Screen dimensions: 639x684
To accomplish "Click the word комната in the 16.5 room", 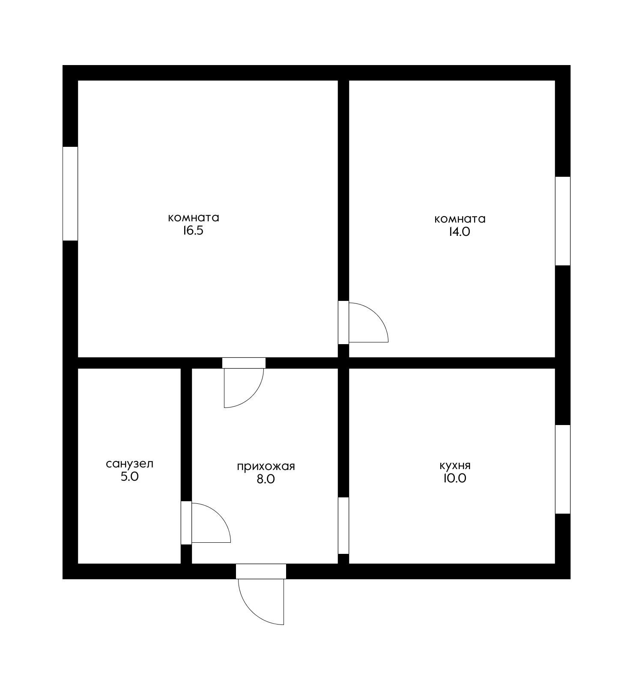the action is coord(194,218).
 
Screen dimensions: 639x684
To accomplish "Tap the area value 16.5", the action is coord(193,231).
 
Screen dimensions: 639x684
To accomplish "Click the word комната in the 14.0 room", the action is coord(460,219).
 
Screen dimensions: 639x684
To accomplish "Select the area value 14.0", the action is coord(460,232).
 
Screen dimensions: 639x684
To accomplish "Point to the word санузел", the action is coord(129,464).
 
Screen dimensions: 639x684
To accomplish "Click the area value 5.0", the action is coord(130,477).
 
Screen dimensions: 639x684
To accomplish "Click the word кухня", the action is coord(455,466).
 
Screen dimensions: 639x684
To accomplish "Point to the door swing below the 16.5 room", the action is coord(253,396).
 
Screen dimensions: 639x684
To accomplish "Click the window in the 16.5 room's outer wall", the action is coord(70,193).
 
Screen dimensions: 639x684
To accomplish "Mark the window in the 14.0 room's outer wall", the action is coord(563,221).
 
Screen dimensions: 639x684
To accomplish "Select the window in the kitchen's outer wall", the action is coord(563,469).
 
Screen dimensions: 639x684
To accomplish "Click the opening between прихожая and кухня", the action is coord(343,526).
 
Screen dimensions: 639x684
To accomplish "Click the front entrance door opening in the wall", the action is coord(261,571).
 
